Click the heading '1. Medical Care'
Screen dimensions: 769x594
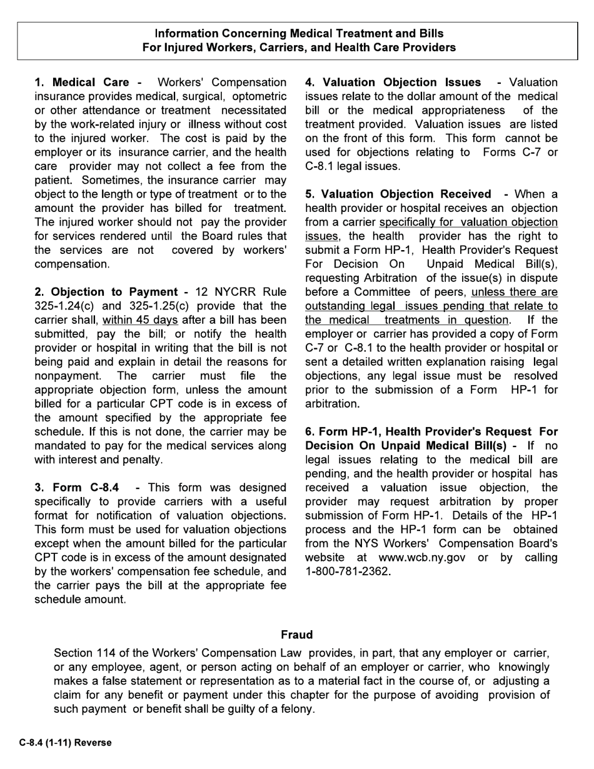pyautogui.click(x=82, y=83)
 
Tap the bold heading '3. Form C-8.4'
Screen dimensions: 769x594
pyautogui.click(x=77, y=488)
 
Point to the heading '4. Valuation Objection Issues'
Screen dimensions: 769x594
pyautogui.click(x=393, y=83)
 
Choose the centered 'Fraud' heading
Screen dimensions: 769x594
pyautogui.click(x=296, y=635)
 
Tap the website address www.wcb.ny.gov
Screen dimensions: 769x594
pyautogui.click(x=421, y=558)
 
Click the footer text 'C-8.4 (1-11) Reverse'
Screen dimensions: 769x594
pyautogui.click(x=65, y=743)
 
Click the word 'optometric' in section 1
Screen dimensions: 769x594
pyautogui.click(x=258, y=96)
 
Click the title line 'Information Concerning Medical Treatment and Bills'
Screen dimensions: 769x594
pyautogui.click(x=299, y=34)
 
